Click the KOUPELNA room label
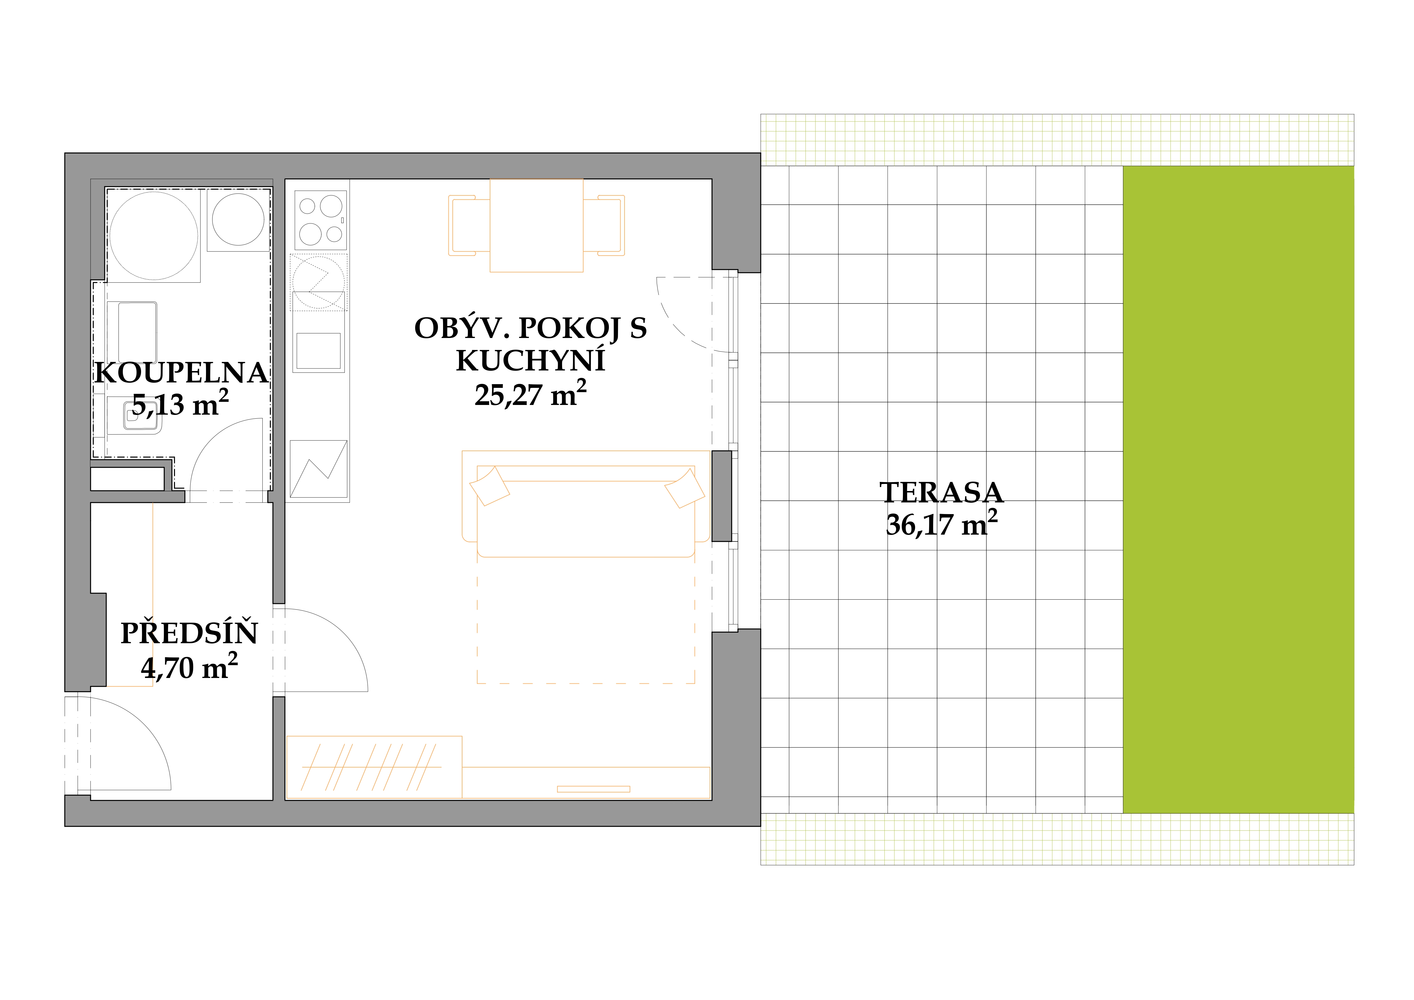[x=181, y=373]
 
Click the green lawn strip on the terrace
[x=1238, y=489]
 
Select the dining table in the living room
[x=536, y=225]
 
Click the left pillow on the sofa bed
[x=489, y=486]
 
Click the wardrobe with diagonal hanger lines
[x=374, y=767]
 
